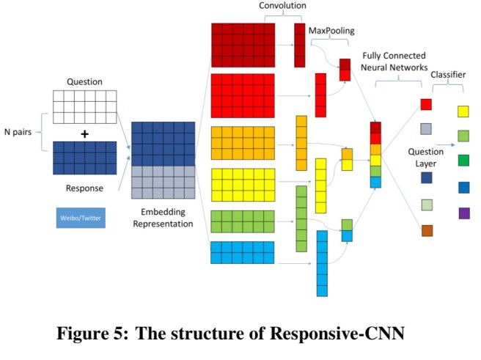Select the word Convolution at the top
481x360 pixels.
click(x=282, y=7)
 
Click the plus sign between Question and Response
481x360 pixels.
click(x=84, y=133)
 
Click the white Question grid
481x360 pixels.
click(x=84, y=107)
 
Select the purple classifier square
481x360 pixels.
click(x=463, y=213)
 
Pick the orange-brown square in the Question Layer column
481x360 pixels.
click(x=426, y=230)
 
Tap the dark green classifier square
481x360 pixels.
click(x=463, y=160)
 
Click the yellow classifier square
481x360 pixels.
click(x=463, y=111)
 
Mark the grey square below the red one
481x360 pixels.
click(x=426, y=129)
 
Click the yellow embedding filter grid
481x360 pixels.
click(x=243, y=184)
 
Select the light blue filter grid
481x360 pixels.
click(x=243, y=252)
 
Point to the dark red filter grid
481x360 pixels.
click(x=243, y=45)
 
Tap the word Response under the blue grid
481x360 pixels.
click(x=84, y=188)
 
